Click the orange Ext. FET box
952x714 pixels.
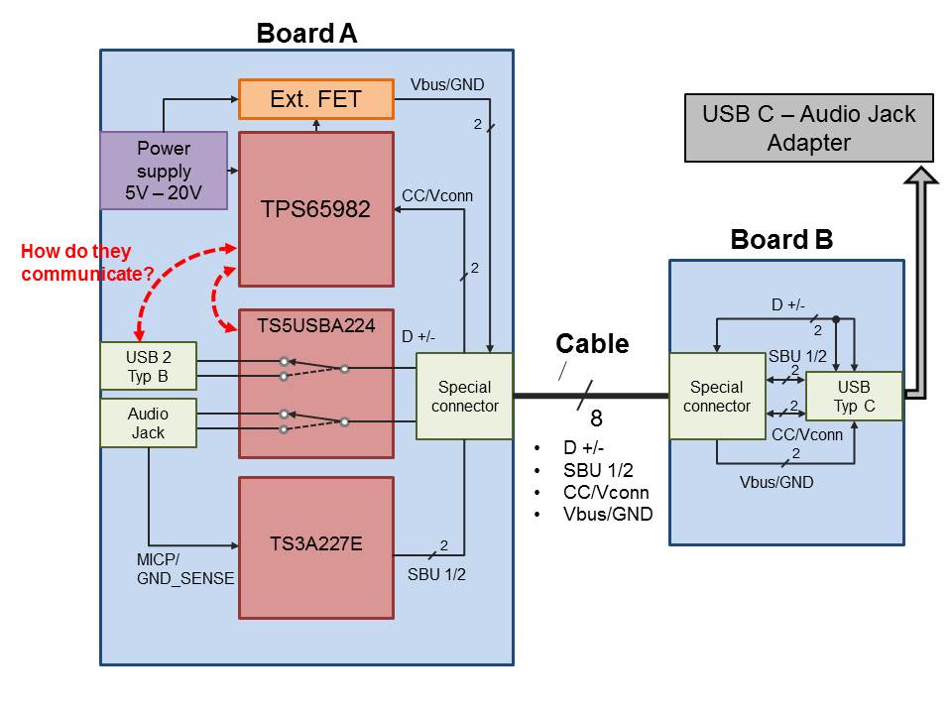315,99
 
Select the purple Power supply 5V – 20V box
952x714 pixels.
164,172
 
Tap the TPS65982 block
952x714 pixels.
315,209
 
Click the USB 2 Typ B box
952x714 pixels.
148,366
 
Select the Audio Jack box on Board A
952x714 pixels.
148,423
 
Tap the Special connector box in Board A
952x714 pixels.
464,396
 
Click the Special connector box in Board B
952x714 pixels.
717,396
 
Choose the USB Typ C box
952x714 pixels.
853,396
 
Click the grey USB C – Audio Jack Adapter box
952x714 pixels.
808,128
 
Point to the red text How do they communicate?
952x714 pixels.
87,263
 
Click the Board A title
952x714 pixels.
306,33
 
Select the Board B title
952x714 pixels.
781,239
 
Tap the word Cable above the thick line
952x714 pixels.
592,344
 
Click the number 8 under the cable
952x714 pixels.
596,417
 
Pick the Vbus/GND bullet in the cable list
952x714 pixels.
608,513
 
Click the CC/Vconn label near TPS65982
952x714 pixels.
437,195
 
